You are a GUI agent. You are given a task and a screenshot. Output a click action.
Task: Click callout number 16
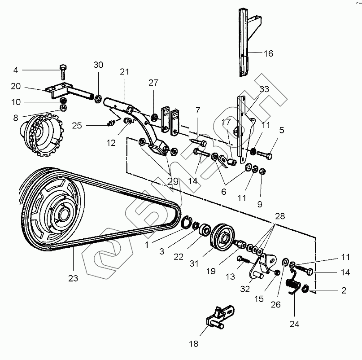tap(268, 53)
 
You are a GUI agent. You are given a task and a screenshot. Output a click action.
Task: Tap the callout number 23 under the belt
tap(73, 278)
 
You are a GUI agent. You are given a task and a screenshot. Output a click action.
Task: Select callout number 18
tap(193, 344)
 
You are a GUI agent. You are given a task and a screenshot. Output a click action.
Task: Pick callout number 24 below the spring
tap(295, 323)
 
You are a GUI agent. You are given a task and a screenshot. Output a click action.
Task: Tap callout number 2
tap(344, 291)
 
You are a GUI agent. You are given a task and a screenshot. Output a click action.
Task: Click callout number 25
tap(77, 125)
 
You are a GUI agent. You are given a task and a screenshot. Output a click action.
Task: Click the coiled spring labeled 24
tap(293, 285)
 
